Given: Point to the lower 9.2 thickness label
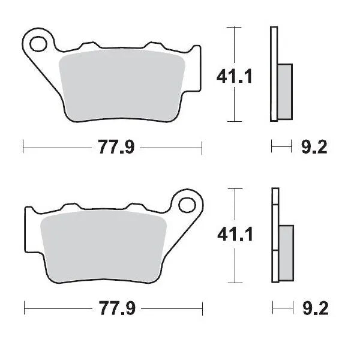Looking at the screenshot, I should pyautogui.click(x=313, y=308).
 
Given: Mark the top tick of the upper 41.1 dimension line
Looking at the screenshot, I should pyautogui.click(x=235, y=27).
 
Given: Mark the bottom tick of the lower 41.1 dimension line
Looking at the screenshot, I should pyautogui.click(x=235, y=281).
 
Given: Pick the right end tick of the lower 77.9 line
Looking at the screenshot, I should pyautogui.click(x=202, y=308).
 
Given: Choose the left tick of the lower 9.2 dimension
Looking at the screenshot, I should pyautogui.click(x=273, y=308).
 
